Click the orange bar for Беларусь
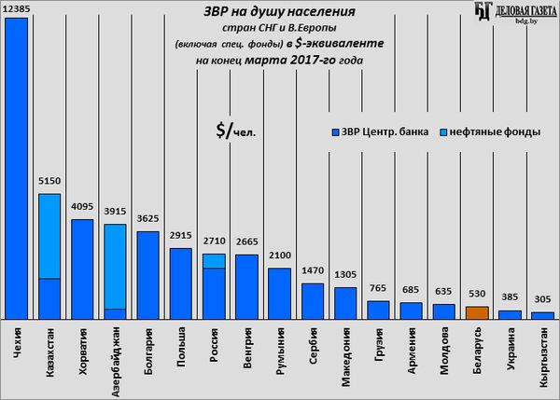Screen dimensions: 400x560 pyautogui.click(x=477, y=312)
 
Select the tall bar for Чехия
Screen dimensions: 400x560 pyautogui.click(x=16, y=168)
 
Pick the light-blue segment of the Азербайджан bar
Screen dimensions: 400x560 pyautogui.click(x=115, y=266)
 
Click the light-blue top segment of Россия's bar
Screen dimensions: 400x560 pyautogui.click(x=214, y=260)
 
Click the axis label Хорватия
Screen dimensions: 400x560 pyautogui.click(x=82, y=350)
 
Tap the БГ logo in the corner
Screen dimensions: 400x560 pyautogui.click(x=483, y=10)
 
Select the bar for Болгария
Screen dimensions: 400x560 pyautogui.click(x=147, y=274)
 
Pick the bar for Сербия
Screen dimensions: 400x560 pyautogui.click(x=313, y=300)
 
